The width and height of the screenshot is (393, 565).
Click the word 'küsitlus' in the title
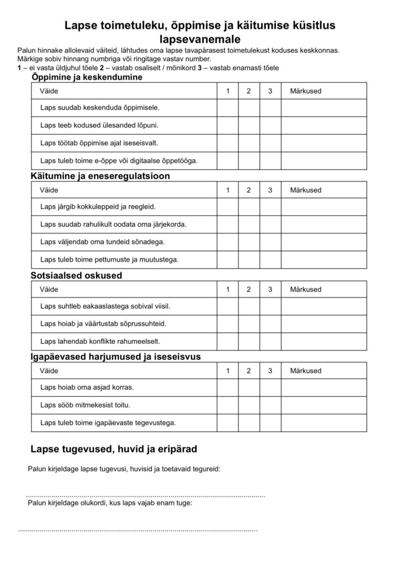pos(306,25)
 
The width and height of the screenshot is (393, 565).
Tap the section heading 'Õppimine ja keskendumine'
pos(87,77)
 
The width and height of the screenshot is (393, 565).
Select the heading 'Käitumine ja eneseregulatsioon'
pos(100,177)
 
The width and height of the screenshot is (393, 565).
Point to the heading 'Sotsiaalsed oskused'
pos(77,275)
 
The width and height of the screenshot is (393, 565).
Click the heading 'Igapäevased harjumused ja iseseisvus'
pos(115,356)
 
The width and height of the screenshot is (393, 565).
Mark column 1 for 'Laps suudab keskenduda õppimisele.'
pos(227,108)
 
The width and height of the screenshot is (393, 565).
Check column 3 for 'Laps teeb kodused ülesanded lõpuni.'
pos(270,125)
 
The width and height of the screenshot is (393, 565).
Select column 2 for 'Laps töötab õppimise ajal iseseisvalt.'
pos(249,143)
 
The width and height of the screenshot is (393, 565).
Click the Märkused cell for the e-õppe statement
pos(323,161)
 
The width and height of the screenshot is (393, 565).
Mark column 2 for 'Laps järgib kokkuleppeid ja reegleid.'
pos(249,207)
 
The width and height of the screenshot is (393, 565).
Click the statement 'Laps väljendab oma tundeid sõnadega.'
pos(103,242)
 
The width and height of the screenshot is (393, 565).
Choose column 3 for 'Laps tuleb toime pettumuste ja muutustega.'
pos(270,259)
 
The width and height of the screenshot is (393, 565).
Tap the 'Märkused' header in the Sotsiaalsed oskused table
pos(305,290)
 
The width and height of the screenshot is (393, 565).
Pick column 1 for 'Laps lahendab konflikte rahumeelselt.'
pos(227,341)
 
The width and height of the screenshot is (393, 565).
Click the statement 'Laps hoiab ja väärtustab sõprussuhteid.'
pos(103,324)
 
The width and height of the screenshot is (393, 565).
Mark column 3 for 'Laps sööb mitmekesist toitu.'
pos(270,406)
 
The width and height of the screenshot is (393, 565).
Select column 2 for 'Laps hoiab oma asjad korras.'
pos(249,388)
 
